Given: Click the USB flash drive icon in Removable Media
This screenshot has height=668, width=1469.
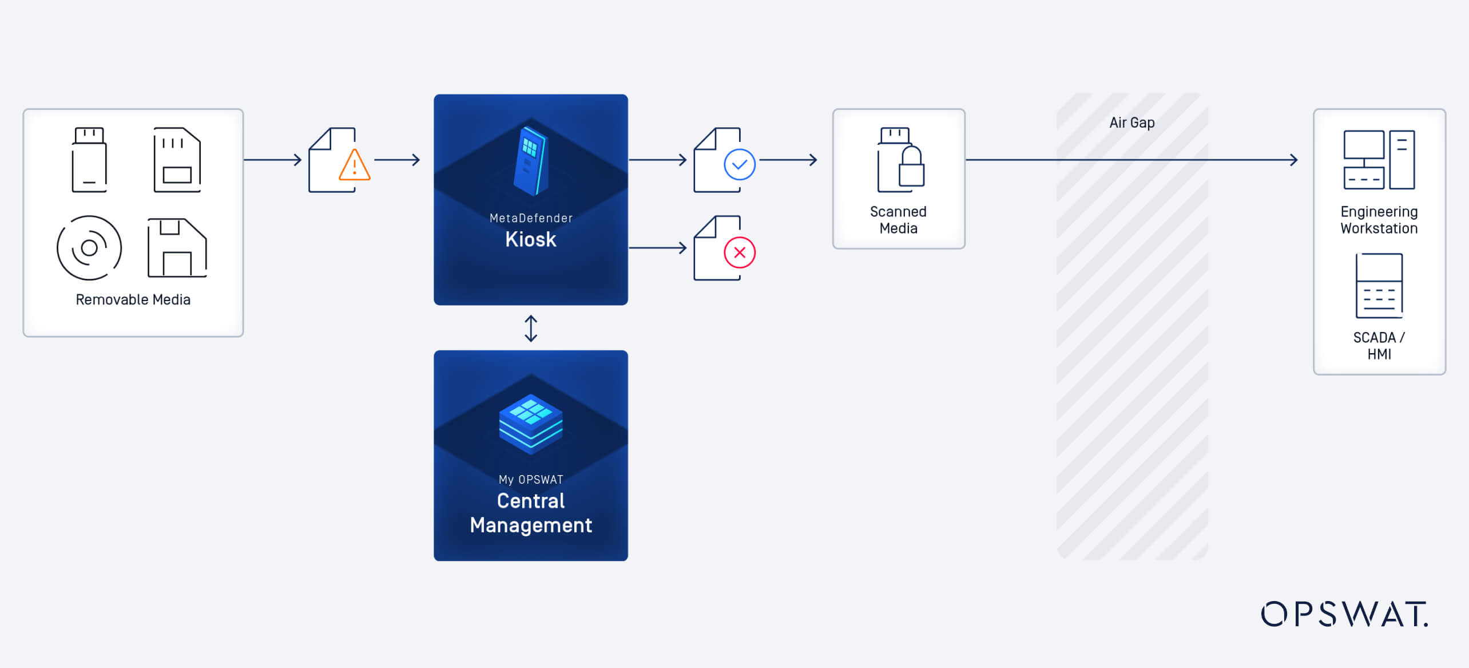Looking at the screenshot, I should [89, 160].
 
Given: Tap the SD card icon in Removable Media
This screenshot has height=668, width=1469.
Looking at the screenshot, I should [177, 160].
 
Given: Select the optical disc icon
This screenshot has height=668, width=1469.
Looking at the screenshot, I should [89, 248].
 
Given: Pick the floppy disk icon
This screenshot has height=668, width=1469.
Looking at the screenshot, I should [177, 248].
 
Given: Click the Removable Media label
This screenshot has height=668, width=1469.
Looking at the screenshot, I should [133, 299].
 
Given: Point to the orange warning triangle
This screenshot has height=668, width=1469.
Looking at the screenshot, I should [355, 165].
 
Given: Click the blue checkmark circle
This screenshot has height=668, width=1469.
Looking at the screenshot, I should [740, 165].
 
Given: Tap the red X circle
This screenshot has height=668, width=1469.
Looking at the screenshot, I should [740, 252].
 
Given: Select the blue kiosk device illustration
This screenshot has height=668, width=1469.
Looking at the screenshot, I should [531, 161].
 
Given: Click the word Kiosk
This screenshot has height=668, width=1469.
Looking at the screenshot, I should [531, 239].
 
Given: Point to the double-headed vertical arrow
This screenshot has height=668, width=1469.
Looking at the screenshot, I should [531, 329].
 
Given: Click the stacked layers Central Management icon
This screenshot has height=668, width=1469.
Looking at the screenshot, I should [531, 424].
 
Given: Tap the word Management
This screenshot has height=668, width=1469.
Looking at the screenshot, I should [531, 525].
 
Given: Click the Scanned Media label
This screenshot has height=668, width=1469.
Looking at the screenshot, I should [898, 220].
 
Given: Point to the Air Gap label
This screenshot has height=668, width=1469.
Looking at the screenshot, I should [1132, 122].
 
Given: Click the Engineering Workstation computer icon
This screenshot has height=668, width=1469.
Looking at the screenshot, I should [1379, 160].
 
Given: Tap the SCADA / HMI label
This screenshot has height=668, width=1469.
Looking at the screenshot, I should [1379, 345].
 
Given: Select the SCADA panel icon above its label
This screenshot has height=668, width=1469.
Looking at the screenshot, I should [1379, 286].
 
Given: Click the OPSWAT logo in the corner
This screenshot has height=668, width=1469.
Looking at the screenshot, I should [1344, 614].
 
